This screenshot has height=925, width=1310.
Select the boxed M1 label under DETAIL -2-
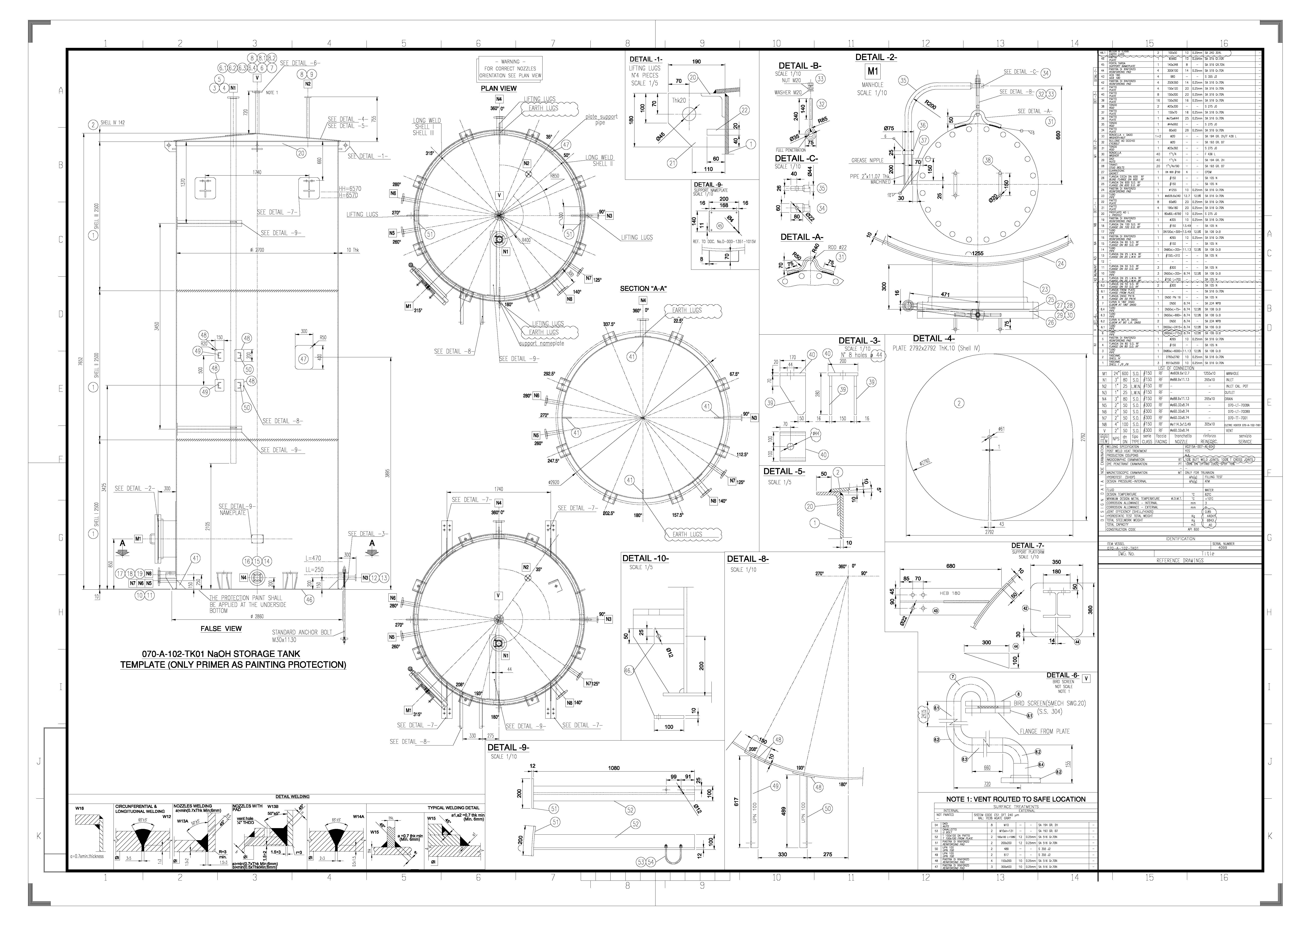tap(872, 72)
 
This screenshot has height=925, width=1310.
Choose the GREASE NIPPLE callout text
tap(867, 161)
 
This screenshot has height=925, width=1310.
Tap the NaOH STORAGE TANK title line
tap(221, 654)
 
